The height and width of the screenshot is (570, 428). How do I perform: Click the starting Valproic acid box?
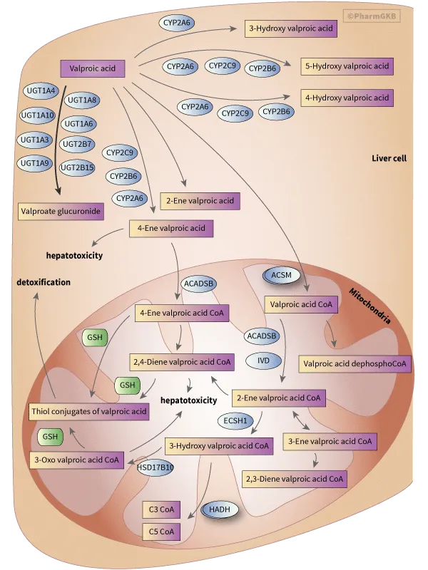click(x=93, y=68)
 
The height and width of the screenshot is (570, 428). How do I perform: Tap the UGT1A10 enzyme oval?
click(x=38, y=115)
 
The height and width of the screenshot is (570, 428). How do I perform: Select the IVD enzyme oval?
click(x=263, y=361)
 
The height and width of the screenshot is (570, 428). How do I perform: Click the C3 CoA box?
click(x=161, y=509)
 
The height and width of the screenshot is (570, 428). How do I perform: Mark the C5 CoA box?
click(x=161, y=531)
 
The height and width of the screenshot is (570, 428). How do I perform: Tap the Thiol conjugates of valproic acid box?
click(x=89, y=411)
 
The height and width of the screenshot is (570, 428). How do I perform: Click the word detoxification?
click(x=44, y=282)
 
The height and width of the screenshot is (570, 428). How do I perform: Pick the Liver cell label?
click(x=389, y=157)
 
